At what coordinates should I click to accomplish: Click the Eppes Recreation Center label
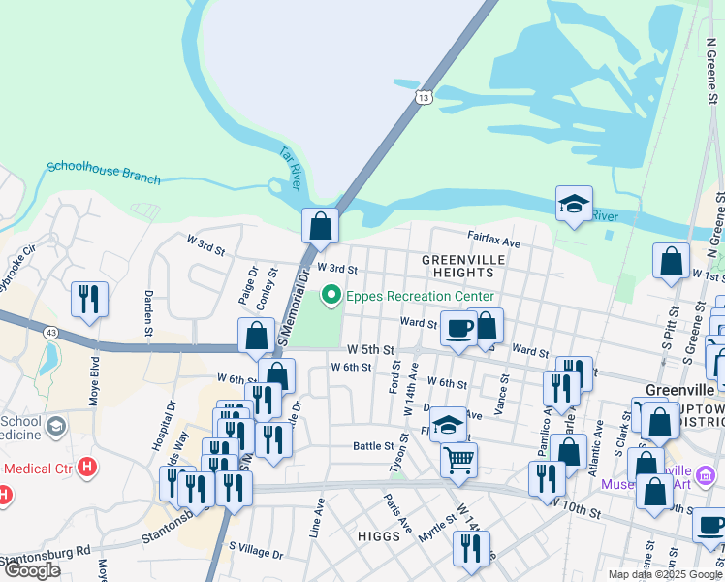421,296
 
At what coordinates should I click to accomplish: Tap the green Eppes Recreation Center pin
331,295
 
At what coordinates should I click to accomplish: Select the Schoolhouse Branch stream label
104,173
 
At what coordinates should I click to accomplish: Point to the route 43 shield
48,333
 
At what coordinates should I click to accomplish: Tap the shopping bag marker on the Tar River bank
320,227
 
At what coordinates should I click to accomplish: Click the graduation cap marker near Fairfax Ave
574,205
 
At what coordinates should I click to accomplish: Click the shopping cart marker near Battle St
458,458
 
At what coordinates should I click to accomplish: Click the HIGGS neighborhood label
378,536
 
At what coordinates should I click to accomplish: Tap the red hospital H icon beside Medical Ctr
87,468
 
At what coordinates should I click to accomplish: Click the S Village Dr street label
256,554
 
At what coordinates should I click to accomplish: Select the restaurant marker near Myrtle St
471,548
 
